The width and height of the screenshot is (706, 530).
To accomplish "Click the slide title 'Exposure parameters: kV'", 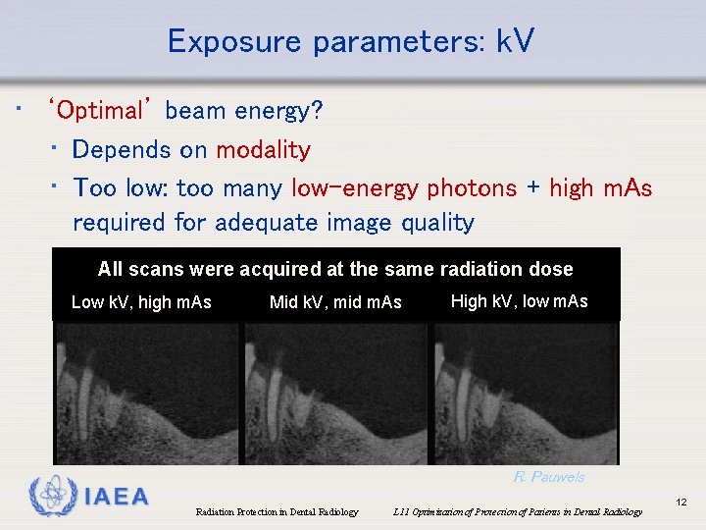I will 351,41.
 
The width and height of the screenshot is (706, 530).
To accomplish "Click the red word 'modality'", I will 263,150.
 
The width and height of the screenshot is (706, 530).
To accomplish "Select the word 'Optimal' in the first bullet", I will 101,110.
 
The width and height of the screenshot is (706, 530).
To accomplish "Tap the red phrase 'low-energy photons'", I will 404,187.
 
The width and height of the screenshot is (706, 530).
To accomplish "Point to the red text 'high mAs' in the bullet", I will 600,187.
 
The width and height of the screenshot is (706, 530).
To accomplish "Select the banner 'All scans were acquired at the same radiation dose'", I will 335,269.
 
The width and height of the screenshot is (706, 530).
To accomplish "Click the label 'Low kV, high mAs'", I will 141,302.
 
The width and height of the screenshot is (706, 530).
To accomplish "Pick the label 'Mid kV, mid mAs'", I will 335,302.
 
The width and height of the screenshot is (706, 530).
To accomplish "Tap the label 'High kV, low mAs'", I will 519,301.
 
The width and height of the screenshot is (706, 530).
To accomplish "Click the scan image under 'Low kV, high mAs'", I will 146,393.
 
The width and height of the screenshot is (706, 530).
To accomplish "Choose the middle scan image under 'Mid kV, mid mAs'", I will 335,393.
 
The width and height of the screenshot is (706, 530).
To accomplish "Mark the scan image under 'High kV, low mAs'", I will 526,393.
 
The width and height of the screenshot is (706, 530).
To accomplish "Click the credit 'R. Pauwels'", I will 548,477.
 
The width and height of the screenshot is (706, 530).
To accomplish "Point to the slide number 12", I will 681,503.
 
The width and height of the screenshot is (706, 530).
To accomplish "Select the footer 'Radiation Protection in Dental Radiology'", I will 277,512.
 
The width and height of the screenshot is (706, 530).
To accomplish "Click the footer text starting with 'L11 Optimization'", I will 517,512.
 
